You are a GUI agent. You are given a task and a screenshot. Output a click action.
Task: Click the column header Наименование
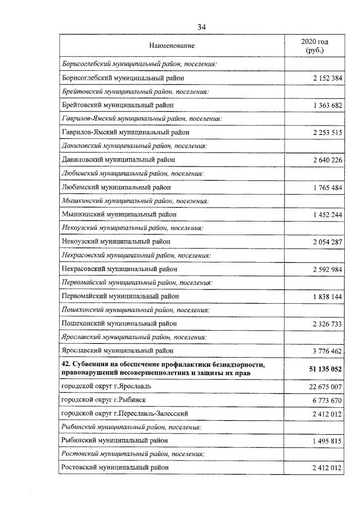click(x=172, y=45)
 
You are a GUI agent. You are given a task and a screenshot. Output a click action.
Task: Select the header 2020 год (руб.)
click(x=315, y=46)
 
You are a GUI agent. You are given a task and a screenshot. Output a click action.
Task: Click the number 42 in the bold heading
click(x=65, y=364)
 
